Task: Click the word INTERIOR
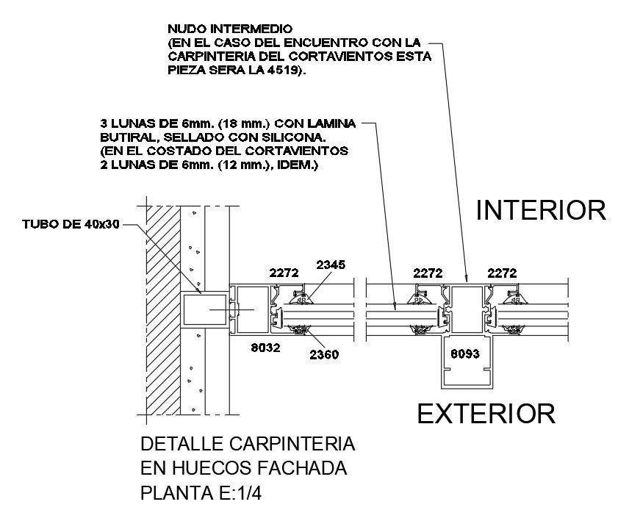(x=541, y=210)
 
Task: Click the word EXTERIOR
(x=486, y=414)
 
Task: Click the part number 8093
(x=465, y=353)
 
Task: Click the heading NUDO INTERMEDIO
(x=213, y=29)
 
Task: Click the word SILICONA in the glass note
(x=299, y=137)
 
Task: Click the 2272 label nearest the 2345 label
(x=283, y=273)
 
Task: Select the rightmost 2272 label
(x=505, y=273)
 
